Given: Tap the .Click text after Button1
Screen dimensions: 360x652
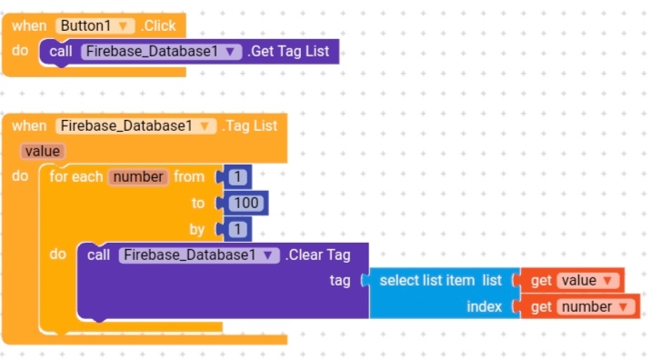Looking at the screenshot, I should click(x=157, y=26).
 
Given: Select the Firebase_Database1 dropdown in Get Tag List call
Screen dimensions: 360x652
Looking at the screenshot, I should click(x=162, y=52).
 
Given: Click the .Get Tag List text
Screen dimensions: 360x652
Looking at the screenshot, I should click(x=288, y=52).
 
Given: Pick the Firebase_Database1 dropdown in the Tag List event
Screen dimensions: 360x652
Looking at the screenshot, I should click(x=136, y=126).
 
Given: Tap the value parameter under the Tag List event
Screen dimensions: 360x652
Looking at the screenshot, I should click(x=42, y=151).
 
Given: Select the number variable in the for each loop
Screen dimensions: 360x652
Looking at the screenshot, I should click(x=137, y=176).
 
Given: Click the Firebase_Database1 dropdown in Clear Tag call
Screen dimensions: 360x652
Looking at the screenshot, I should click(x=199, y=255).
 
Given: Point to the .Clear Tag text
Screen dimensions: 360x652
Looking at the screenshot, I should click(x=317, y=255).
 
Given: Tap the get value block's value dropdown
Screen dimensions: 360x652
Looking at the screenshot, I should click(x=587, y=281).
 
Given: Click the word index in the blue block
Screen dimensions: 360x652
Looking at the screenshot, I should click(x=484, y=307).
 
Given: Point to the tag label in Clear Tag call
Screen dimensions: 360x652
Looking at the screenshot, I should click(x=339, y=281).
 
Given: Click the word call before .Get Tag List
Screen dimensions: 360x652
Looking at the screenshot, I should click(x=61, y=52).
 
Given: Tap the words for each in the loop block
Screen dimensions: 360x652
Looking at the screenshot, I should click(x=75, y=176).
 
